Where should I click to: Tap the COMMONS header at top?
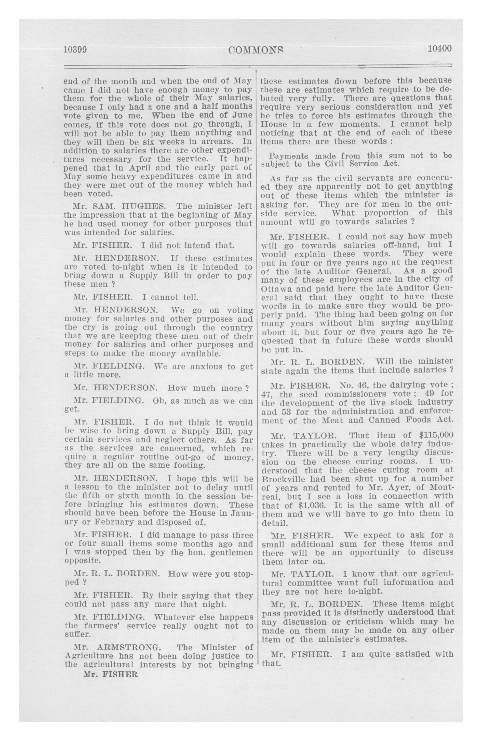tap(256, 49)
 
